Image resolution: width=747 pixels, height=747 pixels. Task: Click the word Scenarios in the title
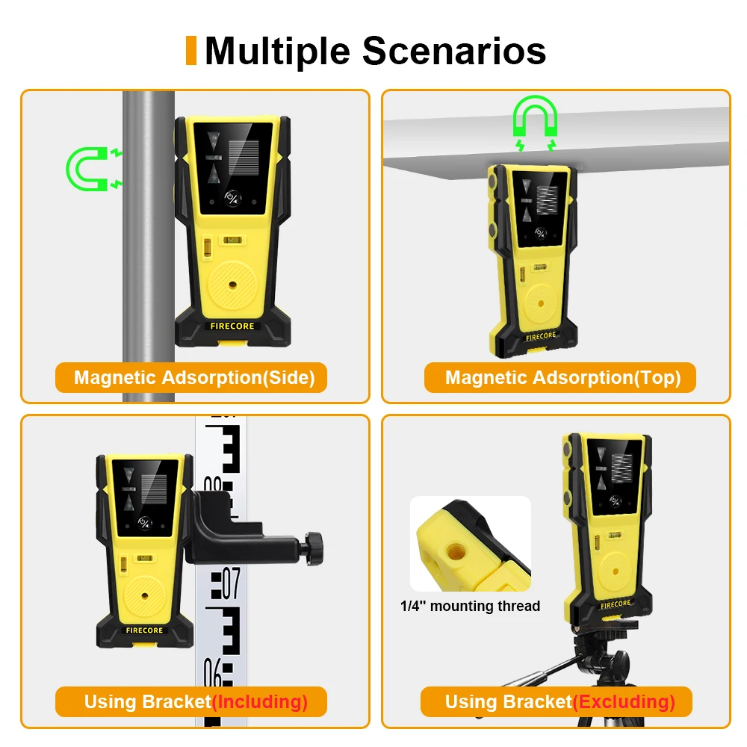(x=454, y=51)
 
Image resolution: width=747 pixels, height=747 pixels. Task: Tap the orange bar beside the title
(x=191, y=50)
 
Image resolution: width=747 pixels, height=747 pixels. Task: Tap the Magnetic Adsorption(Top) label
(x=562, y=377)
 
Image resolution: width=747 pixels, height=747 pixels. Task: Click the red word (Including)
(x=260, y=701)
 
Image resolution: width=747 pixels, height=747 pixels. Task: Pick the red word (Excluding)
(x=624, y=701)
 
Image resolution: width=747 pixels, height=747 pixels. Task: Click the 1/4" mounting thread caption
(x=470, y=606)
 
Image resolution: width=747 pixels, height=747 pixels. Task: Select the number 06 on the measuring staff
(x=214, y=676)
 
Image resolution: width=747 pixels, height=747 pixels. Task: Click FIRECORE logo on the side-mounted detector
(x=232, y=326)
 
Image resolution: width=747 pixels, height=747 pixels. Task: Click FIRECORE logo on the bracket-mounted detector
(x=143, y=630)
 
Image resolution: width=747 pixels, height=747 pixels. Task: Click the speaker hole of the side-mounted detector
(x=232, y=285)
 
